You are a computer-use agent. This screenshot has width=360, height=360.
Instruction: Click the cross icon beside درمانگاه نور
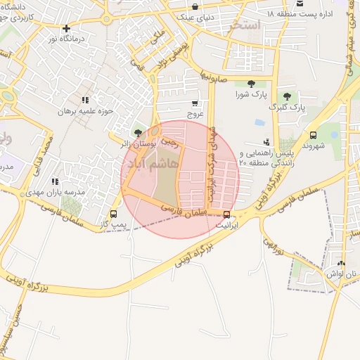tap(66, 29)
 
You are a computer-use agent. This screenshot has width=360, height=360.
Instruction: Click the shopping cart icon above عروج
tap(195, 102)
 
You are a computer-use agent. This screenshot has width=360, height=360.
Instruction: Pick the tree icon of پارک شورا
tap(251, 84)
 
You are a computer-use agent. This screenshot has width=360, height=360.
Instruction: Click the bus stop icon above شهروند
tap(313, 135)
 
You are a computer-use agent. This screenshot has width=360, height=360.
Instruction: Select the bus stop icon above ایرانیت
tap(226, 215)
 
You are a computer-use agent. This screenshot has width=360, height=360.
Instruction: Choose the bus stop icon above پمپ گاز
tap(113, 214)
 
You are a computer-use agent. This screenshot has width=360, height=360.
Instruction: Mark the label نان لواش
tap(341, 274)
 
